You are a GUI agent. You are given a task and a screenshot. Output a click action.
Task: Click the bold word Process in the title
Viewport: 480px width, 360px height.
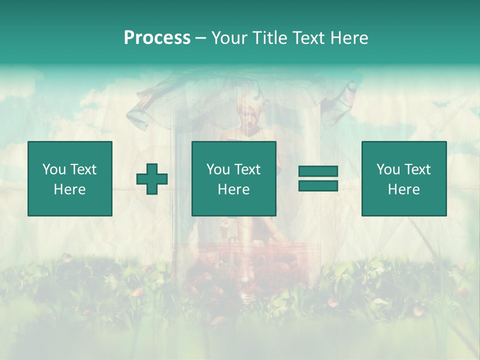tap(157, 38)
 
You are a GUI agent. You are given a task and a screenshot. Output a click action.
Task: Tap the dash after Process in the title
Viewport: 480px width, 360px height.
tap(200, 38)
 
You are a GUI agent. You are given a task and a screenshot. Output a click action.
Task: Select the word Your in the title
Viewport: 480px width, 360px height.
tap(228, 38)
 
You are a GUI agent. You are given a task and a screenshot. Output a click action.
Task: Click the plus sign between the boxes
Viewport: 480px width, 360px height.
tap(152, 179)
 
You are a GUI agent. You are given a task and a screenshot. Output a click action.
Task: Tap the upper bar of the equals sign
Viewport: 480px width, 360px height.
tap(318, 171)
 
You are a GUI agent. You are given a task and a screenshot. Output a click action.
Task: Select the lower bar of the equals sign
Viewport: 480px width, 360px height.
tap(318, 186)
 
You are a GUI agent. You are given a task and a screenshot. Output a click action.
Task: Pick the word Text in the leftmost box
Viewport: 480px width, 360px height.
tap(83, 169)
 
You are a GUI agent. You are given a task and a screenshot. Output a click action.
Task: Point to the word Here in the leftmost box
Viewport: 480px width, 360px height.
tap(69, 189)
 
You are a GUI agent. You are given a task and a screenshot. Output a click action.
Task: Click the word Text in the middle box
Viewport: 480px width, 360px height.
tap(247, 169)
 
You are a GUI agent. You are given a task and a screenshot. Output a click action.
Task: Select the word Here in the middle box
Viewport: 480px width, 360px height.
tap(233, 189)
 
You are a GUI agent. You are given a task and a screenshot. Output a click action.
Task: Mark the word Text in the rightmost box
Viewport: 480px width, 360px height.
tap(417, 169)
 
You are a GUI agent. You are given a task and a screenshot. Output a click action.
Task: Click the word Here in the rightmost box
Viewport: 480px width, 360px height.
tap(403, 189)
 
